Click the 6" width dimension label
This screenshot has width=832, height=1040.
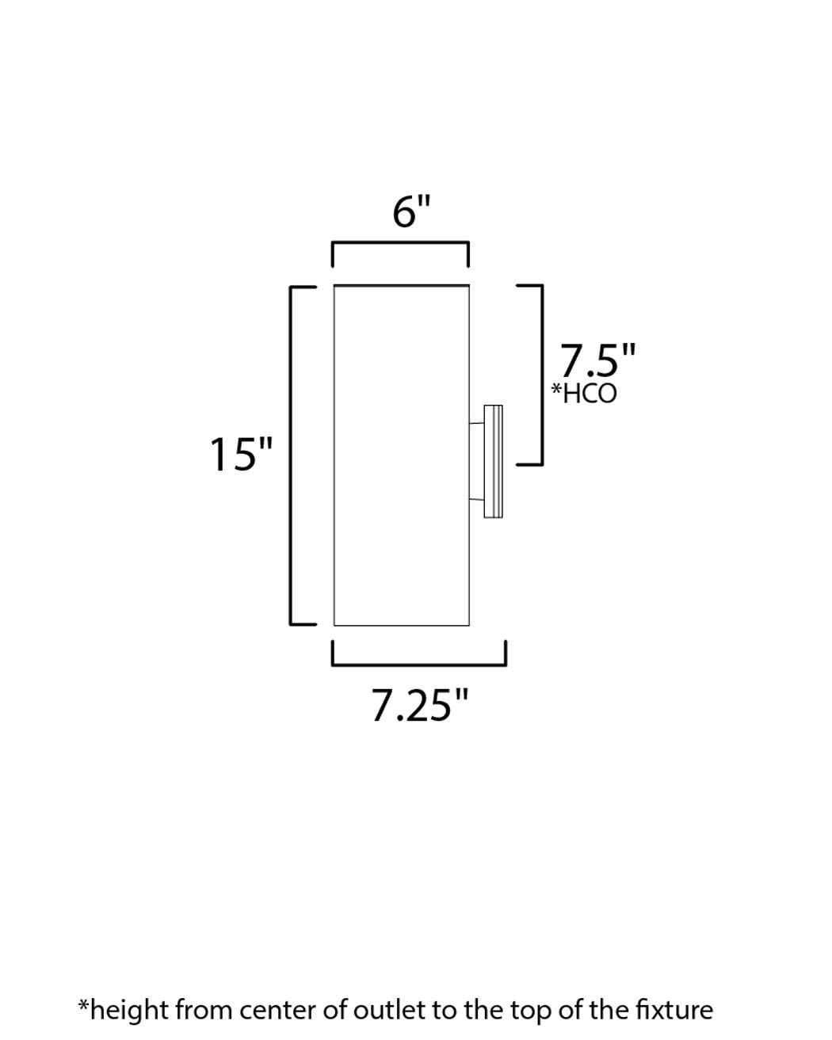pos(411,212)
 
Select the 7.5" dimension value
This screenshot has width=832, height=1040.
pos(597,361)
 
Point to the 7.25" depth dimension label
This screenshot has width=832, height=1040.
pos(420,705)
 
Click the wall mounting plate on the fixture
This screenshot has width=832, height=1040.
pos(493,462)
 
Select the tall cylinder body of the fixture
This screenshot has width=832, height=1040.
pos(401,455)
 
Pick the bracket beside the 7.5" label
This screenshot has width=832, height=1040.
pos(541,374)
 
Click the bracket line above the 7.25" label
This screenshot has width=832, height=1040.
pos(418,662)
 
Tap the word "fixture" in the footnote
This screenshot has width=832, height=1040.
pos(674,1010)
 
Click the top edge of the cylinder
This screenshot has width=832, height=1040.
pos(401,285)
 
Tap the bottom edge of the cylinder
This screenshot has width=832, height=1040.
pos(401,625)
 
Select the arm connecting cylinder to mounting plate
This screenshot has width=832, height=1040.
pos(476,462)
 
